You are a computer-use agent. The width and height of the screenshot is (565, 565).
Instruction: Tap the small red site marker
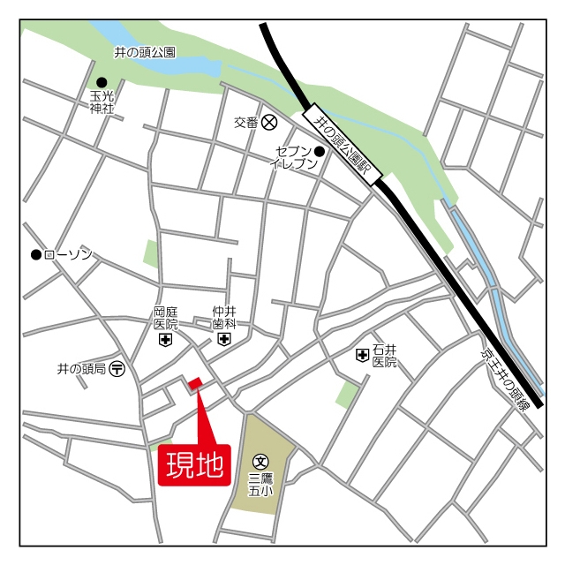point(194,383)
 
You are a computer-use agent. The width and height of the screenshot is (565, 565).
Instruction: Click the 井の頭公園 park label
point(145,53)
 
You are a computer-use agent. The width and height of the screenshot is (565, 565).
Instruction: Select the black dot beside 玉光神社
point(102,82)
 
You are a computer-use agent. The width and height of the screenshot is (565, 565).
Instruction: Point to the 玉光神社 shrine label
point(102,102)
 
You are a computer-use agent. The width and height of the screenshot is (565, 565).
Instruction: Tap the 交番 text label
point(245,122)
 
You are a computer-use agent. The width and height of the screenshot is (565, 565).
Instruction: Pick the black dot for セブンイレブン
point(320,151)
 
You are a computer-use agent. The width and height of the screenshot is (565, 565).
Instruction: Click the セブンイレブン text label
point(289,158)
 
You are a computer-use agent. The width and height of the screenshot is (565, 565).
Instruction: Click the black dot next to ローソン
point(36,255)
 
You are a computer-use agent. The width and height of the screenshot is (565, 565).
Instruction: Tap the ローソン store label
point(68,255)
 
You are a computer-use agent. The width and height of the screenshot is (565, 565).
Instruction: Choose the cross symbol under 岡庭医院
point(165,340)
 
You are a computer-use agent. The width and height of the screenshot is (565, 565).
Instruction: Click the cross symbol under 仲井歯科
point(224,340)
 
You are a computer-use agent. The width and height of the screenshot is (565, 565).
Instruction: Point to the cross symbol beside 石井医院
point(362,355)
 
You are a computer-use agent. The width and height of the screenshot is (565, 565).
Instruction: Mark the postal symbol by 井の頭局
point(117,368)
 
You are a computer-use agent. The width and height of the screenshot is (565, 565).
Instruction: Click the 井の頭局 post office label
point(82,368)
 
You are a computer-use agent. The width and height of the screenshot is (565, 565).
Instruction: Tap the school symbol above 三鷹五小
point(260,460)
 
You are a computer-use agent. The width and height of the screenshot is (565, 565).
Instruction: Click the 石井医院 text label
point(385,355)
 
